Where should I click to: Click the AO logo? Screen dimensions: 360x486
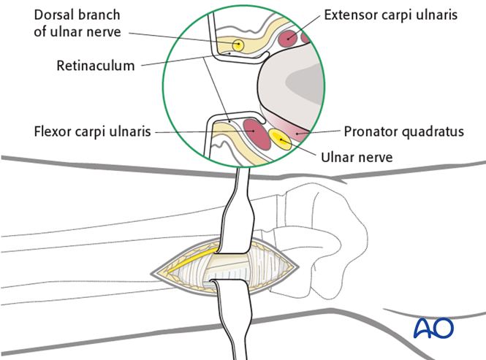[x=433, y=327]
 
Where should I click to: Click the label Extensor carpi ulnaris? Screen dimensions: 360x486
[x=392, y=14]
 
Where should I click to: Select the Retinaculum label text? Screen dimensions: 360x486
[x=96, y=66]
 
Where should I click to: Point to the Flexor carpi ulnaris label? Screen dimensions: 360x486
[x=92, y=132]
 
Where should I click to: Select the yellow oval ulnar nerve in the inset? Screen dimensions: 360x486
[x=279, y=139]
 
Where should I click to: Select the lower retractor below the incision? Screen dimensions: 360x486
[x=235, y=314]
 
